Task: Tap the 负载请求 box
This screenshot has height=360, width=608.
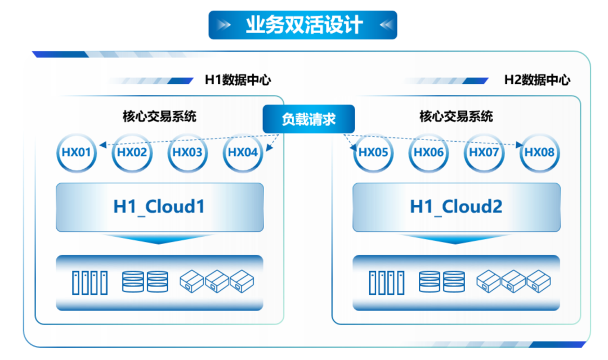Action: (x=309, y=119)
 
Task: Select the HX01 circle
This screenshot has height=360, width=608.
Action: (x=77, y=152)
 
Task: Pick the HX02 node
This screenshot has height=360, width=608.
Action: (x=132, y=152)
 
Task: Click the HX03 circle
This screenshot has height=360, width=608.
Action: (x=187, y=152)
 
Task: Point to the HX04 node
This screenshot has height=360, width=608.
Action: (x=243, y=152)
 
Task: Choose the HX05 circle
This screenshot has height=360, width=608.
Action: (x=373, y=152)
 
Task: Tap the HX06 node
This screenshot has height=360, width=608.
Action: (x=428, y=152)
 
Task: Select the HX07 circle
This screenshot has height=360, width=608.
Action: (x=484, y=152)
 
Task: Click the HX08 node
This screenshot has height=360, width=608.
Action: (x=539, y=152)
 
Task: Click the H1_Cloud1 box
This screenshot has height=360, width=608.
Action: (x=159, y=207)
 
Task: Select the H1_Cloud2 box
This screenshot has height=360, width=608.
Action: (x=456, y=207)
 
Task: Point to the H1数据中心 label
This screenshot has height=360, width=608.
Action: (x=237, y=80)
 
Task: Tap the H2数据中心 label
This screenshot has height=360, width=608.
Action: (x=537, y=80)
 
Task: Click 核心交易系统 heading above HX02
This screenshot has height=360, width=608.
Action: (x=159, y=116)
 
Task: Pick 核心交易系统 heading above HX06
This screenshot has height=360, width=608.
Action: (x=456, y=116)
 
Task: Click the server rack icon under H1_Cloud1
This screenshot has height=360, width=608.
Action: (x=90, y=282)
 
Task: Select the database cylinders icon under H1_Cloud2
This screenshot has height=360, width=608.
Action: (x=442, y=282)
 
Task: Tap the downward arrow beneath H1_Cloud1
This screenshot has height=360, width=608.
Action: (x=159, y=239)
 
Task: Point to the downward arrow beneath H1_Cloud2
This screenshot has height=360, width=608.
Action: (x=456, y=239)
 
